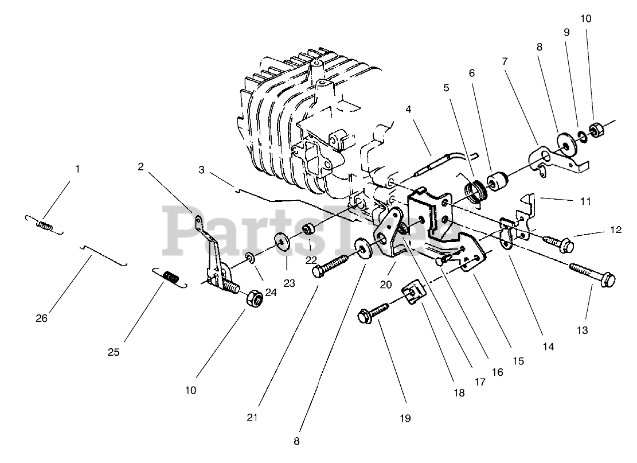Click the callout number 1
(x=77, y=169)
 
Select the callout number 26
(x=42, y=318)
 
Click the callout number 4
(x=409, y=108)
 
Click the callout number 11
(x=584, y=201)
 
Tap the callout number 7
(x=505, y=61)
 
